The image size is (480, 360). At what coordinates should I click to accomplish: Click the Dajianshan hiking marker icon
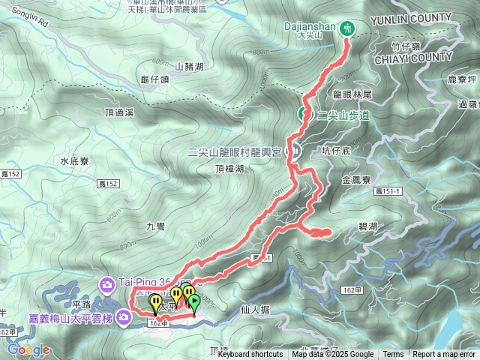(x=346, y=28)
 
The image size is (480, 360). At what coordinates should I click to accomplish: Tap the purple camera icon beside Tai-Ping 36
(x=108, y=283)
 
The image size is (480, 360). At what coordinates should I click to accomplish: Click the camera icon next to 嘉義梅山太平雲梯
(x=122, y=318)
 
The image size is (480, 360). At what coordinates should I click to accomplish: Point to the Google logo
(x=28, y=349)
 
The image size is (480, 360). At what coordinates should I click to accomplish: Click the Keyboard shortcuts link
(x=250, y=355)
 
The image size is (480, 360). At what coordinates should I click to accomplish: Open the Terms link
(x=393, y=355)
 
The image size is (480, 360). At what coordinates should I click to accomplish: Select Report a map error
(x=444, y=355)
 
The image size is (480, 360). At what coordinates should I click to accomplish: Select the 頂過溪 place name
(x=120, y=112)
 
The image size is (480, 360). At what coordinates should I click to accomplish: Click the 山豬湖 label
(x=189, y=67)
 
